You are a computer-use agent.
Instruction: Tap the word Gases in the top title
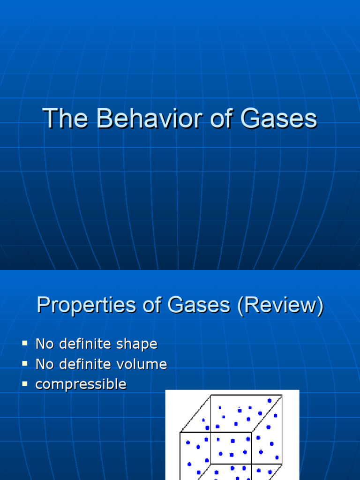(278, 119)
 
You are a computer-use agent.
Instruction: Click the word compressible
(81, 385)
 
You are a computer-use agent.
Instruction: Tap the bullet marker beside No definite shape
(25, 344)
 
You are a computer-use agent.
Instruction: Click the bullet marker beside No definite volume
(25, 364)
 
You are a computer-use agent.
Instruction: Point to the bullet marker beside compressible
(25, 384)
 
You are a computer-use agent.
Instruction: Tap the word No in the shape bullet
(45, 344)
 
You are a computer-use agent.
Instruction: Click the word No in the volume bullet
(45, 364)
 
